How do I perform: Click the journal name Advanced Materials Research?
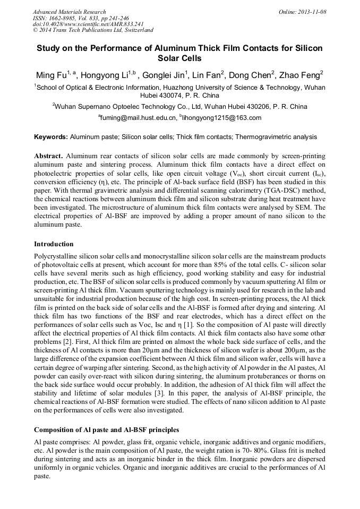pos(69,12)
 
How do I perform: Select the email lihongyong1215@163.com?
pos(222,118)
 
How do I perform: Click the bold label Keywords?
pos(51,137)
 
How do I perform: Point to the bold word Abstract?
pos(49,156)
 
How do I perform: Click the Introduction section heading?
pos(54,244)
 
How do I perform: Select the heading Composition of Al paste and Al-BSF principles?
pos(106,429)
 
